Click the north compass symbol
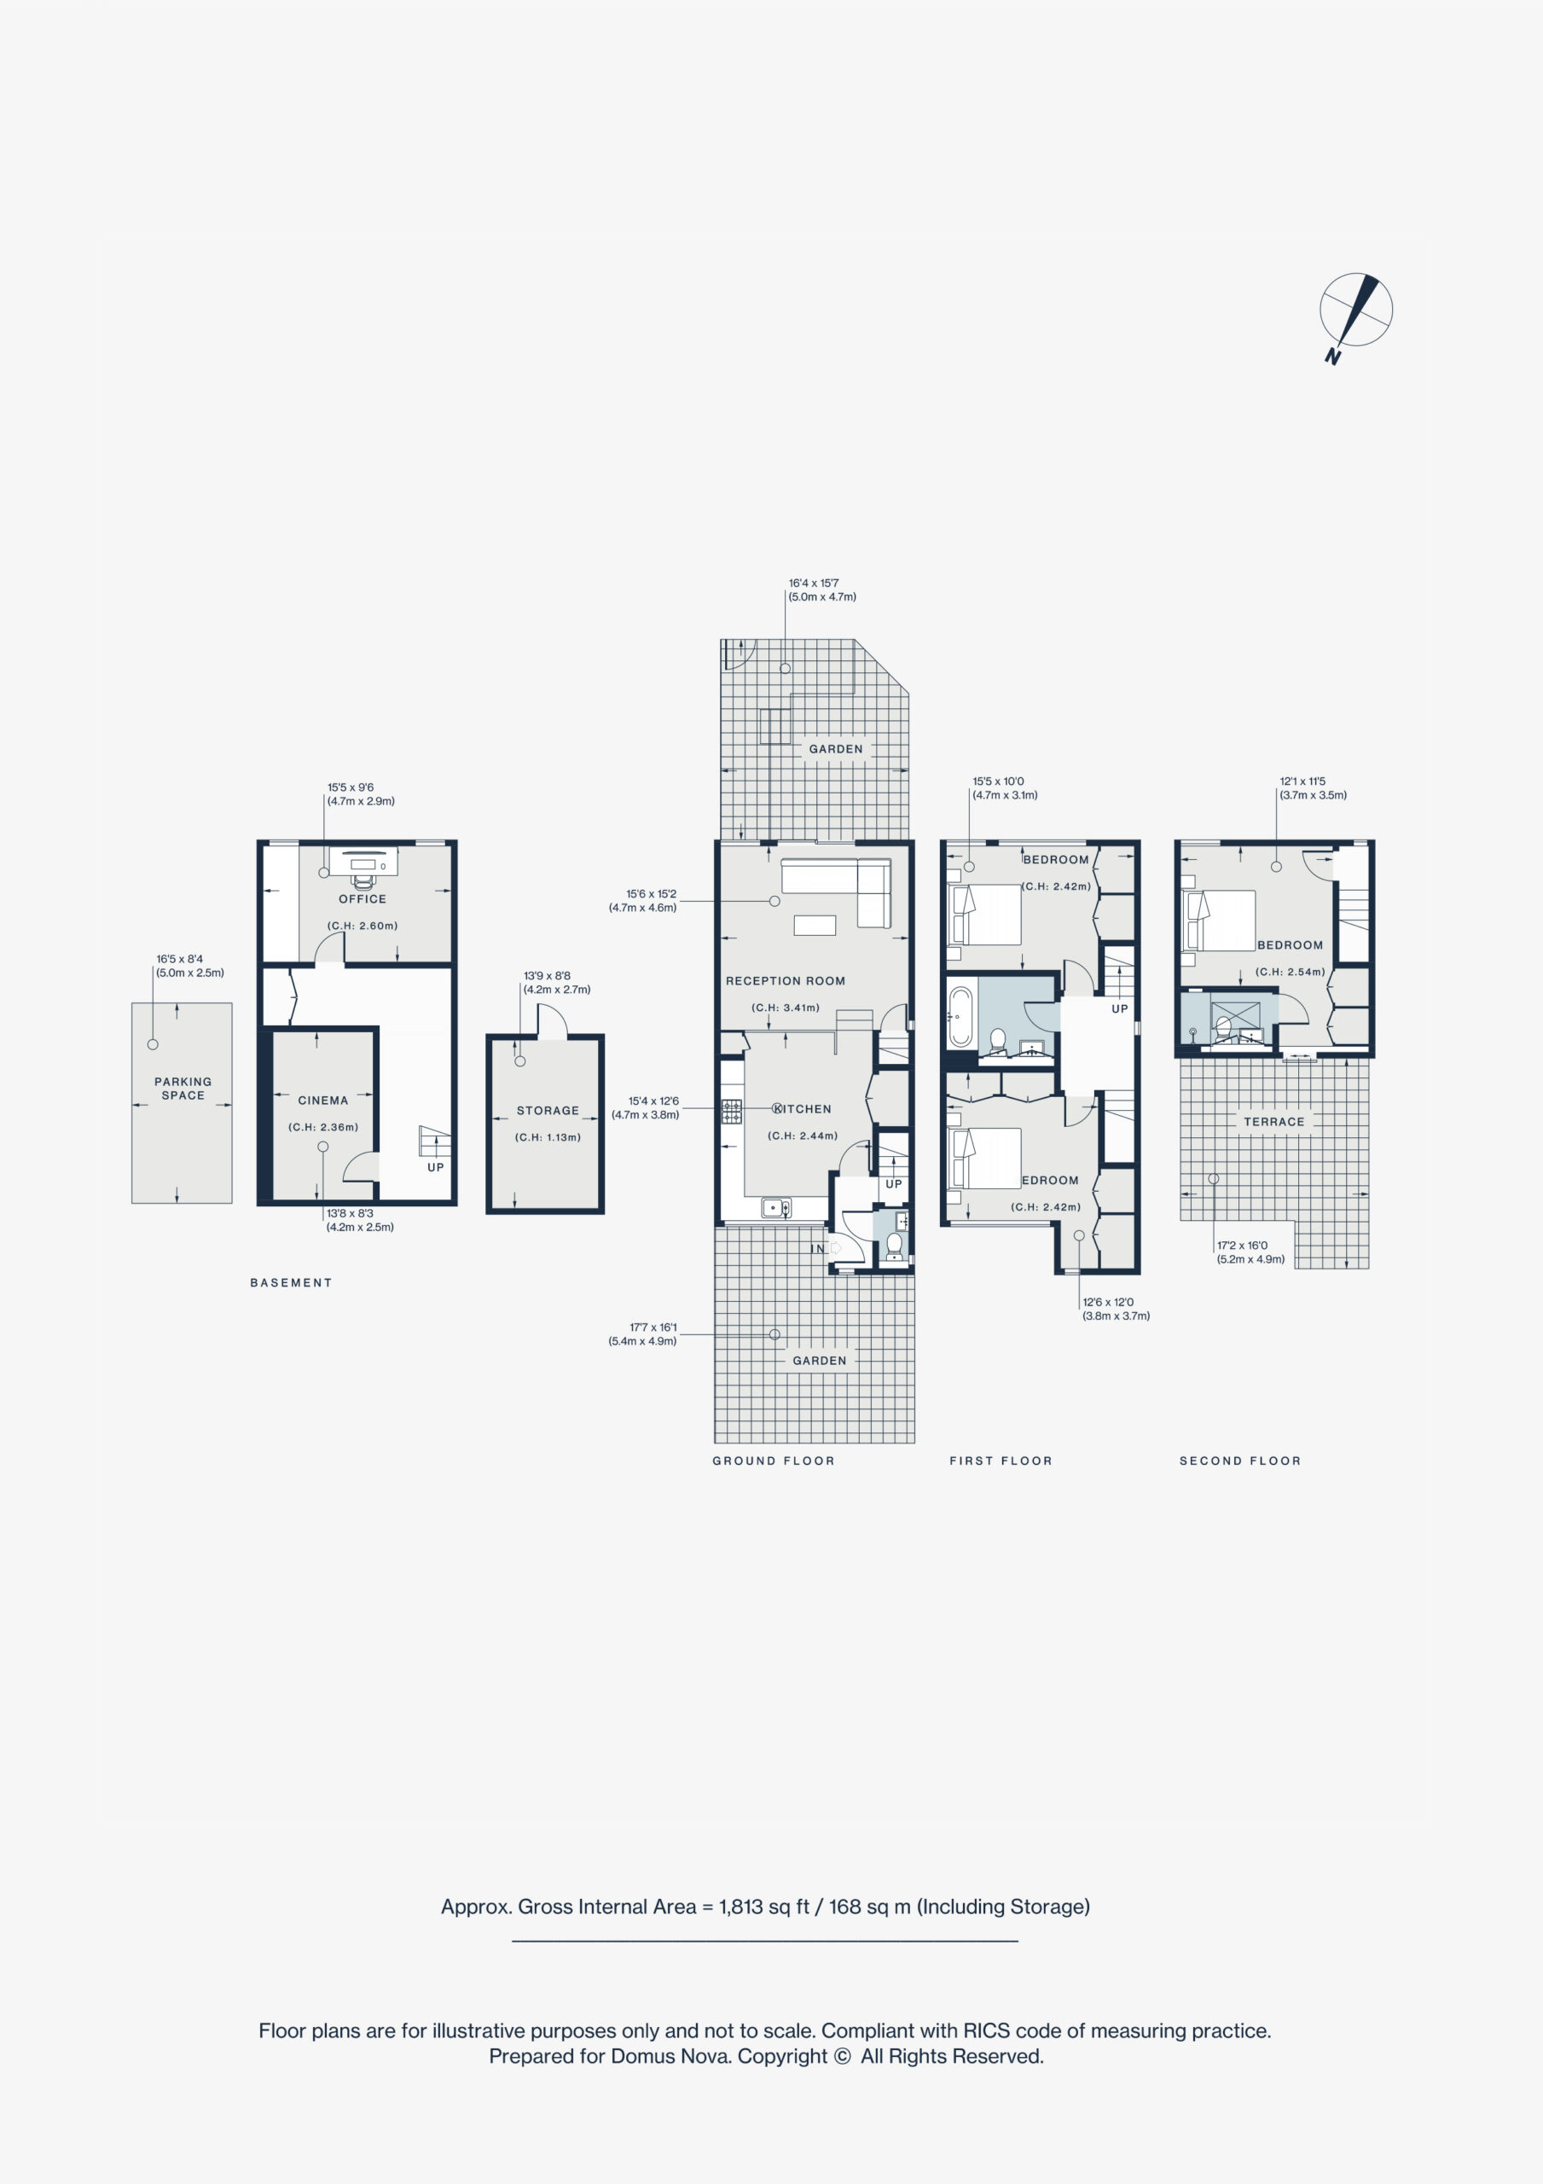point(1355,312)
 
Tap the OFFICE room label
point(363,899)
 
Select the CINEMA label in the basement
point(323,1101)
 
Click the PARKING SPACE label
point(183,1089)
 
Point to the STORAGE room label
point(548,1110)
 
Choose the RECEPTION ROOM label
point(786,981)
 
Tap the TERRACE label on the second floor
point(1273,1122)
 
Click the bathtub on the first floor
point(960,1017)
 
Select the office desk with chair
point(363,866)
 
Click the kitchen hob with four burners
point(732,1111)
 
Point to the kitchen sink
point(776,1208)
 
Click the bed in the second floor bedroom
point(1219,920)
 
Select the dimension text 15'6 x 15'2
point(652,894)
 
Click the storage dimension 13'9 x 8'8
point(547,976)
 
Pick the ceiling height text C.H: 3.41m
point(786,1008)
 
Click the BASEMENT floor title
point(291,1282)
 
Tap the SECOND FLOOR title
point(1240,1460)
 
